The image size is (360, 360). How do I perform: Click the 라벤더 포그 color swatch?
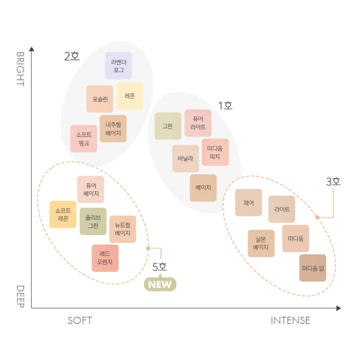tap(119, 66)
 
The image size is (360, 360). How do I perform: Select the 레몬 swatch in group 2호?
tap(130, 96)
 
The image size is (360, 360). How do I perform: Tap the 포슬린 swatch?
tap(100, 99)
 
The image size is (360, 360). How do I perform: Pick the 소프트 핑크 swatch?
tap(84, 139)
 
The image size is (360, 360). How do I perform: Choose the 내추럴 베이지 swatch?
tap(113, 129)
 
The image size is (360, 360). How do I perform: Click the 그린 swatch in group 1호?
tap(168, 126)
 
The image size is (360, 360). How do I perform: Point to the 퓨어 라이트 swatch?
tap(198, 123)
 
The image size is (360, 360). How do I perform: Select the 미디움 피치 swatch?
tap(215, 152)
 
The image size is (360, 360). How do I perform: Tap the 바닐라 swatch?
tap(186, 159)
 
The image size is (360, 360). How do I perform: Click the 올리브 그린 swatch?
tap(93, 222)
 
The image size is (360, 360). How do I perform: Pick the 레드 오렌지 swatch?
tap(105, 258)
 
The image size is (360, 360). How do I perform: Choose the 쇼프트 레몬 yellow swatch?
tap(63, 215)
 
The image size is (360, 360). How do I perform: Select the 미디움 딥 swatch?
tap(313, 268)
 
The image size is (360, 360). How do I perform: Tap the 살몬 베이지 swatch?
tap(261, 244)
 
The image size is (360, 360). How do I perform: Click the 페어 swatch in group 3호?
tap(249, 203)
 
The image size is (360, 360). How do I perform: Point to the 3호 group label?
tap(333, 182)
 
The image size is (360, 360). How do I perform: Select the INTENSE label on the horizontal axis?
tap(291, 321)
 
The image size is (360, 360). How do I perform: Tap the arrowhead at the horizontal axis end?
tap(338, 308)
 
